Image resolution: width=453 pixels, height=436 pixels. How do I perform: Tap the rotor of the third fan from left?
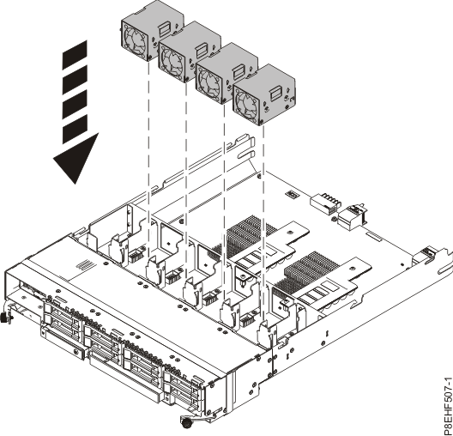tap(210, 80)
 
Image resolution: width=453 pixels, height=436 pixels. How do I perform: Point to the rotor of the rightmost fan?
tap(246, 104)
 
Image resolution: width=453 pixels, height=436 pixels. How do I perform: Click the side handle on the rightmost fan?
tap(277, 92)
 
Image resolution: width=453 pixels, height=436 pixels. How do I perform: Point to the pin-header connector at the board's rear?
tap(325, 203)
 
